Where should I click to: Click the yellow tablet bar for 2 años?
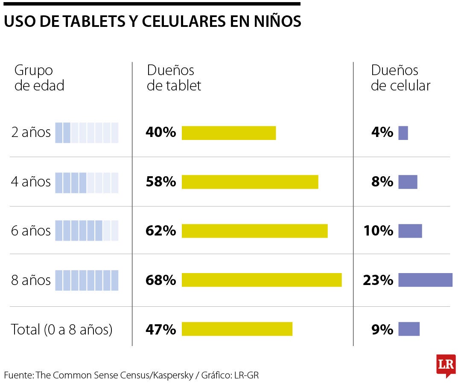tap(229, 133)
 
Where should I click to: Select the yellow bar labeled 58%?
tap(250, 182)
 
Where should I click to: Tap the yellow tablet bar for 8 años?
tap(262, 280)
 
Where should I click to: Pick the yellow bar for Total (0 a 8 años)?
tap(237, 329)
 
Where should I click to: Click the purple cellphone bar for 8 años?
tap(425, 280)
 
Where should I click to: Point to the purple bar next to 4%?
tap(403, 133)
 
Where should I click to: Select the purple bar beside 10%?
tap(410, 231)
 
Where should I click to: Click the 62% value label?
tap(160, 231)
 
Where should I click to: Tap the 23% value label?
tap(378, 280)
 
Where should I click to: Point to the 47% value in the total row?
tap(160, 329)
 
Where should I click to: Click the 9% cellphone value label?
tap(382, 329)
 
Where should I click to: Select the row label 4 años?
tap(31, 182)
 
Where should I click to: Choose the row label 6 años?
tap(31, 231)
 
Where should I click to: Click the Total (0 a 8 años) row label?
tap(61, 329)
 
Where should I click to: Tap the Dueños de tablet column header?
tap(174, 78)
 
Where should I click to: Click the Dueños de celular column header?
tap(400, 78)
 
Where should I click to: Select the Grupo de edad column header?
tap(39, 78)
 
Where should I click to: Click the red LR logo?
tap(446, 365)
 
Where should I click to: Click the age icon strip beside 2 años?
tap(87, 133)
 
